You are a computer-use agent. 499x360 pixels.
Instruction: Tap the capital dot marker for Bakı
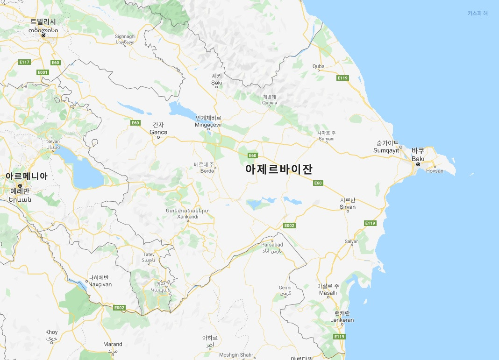click(x=418, y=164)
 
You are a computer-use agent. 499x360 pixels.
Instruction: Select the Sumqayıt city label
click(x=386, y=150)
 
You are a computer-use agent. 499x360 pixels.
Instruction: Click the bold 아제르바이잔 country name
click(x=278, y=169)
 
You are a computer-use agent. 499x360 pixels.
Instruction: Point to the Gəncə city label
click(x=158, y=132)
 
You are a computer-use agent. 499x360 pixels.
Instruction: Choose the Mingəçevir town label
click(x=208, y=125)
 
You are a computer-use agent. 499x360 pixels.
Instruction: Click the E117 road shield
click(x=24, y=62)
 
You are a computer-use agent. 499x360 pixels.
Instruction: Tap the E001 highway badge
click(x=43, y=72)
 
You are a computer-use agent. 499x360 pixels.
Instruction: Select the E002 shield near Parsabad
click(x=289, y=226)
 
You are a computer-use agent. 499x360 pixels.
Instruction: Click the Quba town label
click(x=318, y=66)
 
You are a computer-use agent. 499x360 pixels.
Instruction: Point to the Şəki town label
click(x=216, y=83)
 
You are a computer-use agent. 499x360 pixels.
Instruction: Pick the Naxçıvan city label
click(x=100, y=284)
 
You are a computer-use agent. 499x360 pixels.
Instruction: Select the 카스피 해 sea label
click(x=478, y=13)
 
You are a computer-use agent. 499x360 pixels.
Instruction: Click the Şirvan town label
click(x=348, y=207)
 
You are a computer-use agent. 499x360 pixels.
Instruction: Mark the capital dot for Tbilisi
click(x=43, y=35)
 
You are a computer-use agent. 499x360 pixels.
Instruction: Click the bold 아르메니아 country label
click(x=26, y=176)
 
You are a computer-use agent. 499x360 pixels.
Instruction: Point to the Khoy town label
click(x=51, y=332)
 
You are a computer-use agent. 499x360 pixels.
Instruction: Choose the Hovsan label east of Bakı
click(x=435, y=171)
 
